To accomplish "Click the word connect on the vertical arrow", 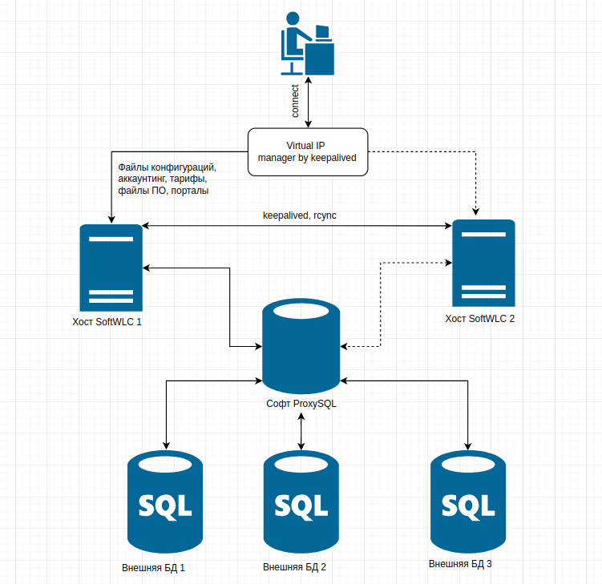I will point(295,102).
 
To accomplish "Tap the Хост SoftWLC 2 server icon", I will point(483,262).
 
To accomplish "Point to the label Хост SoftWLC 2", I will point(480,318).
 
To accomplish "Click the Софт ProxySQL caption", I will point(301,404).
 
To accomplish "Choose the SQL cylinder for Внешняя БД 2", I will point(301,502).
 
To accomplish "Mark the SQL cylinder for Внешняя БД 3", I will point(467,502).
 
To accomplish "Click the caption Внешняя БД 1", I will point(153,568).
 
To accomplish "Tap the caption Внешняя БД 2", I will point(294,568).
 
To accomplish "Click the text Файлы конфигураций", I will point(167,167).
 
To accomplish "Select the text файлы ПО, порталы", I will point(164,192).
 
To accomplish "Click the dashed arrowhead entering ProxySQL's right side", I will point(345,346).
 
